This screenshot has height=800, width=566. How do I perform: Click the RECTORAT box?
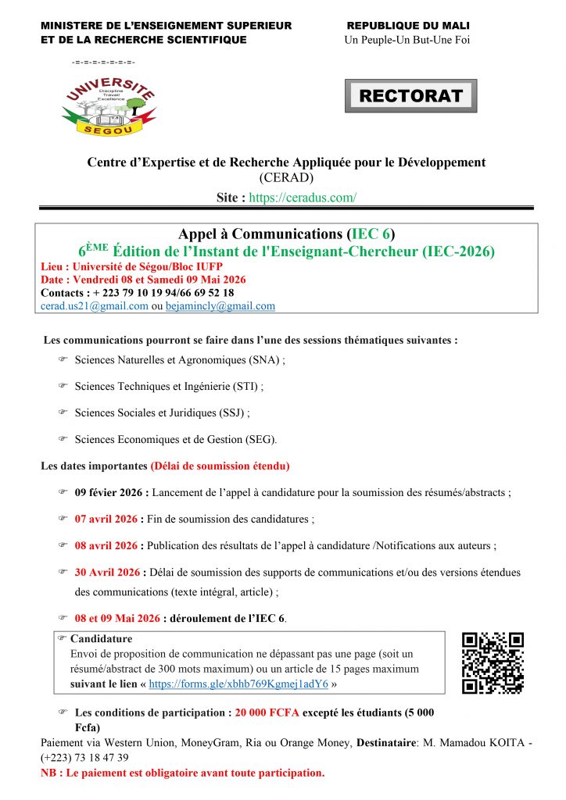click(x=410, y=96)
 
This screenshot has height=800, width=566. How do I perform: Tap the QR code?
click(x=493, y=662)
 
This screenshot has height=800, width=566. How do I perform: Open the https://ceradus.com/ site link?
click(x=303, y=198)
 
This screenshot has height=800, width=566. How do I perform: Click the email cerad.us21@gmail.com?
click(x=95, y=306)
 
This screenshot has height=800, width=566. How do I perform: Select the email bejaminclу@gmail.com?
click(x=220, y=306)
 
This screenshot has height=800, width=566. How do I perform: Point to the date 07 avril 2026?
click(x=106, y=519)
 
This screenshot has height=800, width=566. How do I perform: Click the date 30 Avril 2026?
click(x=107, y=572)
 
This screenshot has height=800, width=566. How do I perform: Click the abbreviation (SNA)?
click(x=265, y=360)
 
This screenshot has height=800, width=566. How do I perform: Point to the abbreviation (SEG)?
click(x=260, y=439)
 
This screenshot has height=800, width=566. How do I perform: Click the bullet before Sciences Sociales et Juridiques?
click(x=63, y=412)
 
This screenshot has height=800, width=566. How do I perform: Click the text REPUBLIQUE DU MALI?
click(x=408, y=26)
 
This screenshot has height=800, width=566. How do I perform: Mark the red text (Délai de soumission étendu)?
click(x=220, y=466)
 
